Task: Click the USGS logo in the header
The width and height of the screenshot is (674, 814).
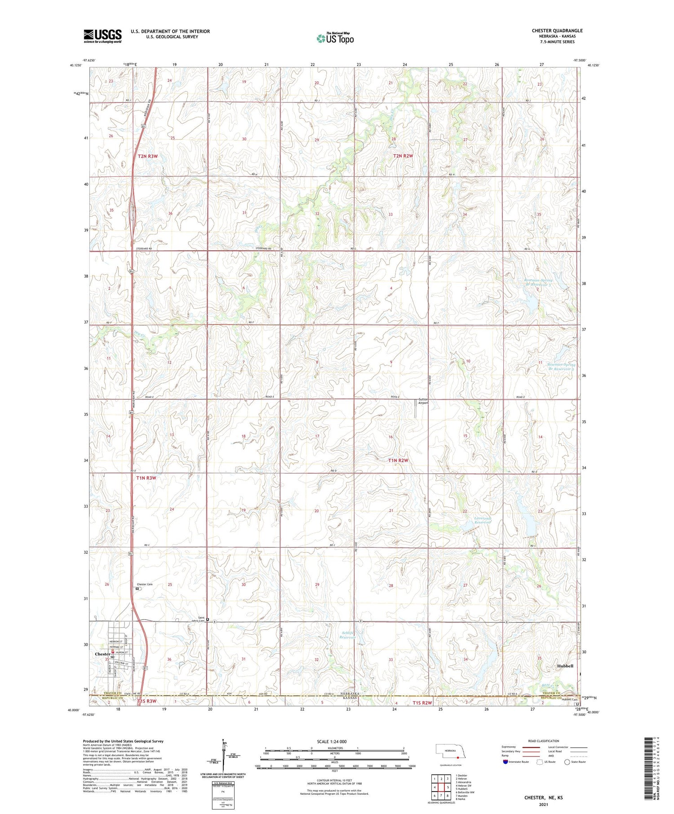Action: [102, 36]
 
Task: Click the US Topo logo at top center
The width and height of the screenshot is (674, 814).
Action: [335, 39]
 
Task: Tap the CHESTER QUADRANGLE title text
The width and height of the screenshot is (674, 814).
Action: [557, 31]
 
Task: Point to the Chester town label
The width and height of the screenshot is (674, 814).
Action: [102, 654]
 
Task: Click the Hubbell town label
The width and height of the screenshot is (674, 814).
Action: [565, 666]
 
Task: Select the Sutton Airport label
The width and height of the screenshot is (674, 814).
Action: [423, 401]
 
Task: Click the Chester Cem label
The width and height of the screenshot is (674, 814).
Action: [145, 584]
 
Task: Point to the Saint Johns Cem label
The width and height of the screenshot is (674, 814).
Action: [198, 620]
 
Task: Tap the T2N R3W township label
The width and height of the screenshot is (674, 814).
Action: [148, 156]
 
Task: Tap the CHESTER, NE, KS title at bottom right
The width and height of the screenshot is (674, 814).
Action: [543, 798]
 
